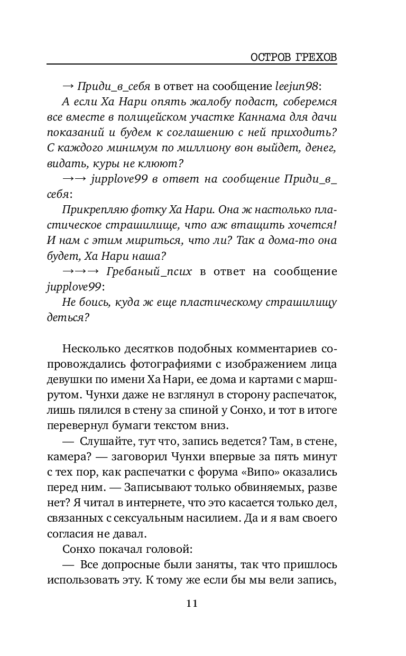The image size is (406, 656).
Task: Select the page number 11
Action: pos(192,604)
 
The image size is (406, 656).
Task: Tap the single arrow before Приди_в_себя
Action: pos(68,85)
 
